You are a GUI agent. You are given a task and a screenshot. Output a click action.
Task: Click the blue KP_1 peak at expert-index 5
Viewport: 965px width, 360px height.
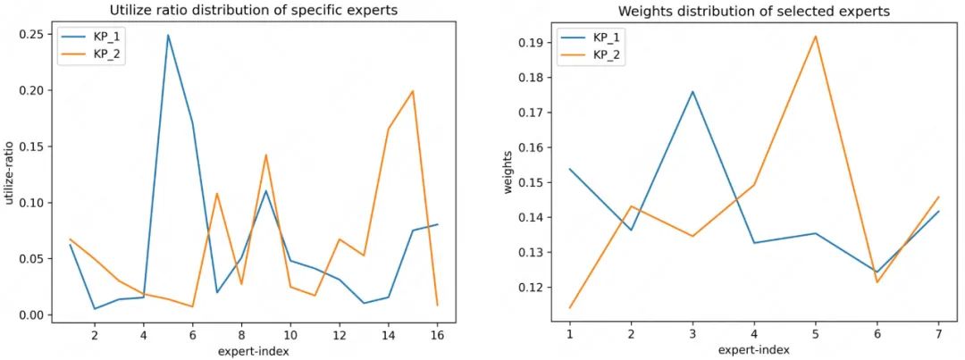click(x=168, y=35)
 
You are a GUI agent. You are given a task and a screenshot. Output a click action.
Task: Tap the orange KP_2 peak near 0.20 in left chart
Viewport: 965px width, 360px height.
click(x=413, y=91)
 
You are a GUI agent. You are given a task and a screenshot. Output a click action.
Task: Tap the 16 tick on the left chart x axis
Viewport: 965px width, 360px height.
click(x=437, y=334)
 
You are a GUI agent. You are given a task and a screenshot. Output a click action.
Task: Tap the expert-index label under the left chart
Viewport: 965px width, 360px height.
click(x=254, y=350)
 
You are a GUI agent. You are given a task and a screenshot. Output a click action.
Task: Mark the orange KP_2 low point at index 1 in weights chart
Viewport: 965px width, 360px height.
click(x=569, y=308)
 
